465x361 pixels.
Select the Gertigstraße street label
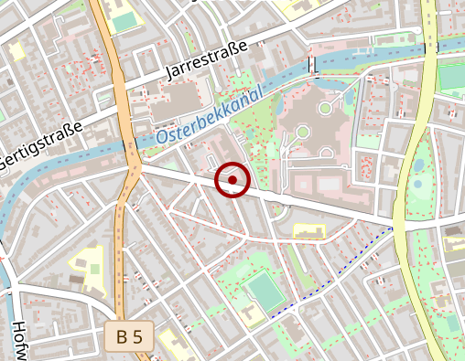click(41, 145)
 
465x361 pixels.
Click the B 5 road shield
click(130, 336)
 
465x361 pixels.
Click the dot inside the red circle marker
click(232, 180)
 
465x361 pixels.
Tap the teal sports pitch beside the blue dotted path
click(265, 292)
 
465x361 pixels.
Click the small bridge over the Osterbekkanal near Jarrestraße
click(313, 65)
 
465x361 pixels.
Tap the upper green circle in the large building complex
click(325, 109)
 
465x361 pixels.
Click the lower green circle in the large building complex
click(302, 133)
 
